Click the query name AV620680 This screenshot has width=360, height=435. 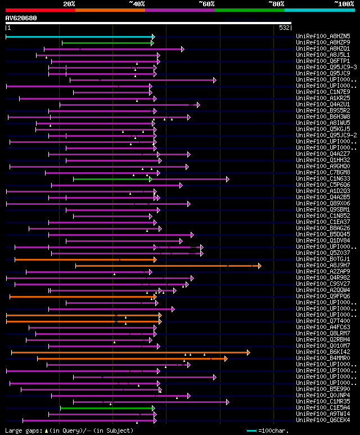(21, 18)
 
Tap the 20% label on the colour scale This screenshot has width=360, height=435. (69, 3)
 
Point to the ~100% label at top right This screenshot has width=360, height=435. (344, 3)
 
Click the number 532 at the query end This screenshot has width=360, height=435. (284, 27)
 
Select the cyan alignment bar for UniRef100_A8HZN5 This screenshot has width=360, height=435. (79, 37)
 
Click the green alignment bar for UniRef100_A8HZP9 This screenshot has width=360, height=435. (107, 43)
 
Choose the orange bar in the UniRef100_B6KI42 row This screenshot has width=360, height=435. (129, 352)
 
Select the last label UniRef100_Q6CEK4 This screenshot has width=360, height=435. (323, 420)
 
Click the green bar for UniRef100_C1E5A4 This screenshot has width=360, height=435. (107, 408)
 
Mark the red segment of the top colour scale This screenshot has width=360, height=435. (40, 10)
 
